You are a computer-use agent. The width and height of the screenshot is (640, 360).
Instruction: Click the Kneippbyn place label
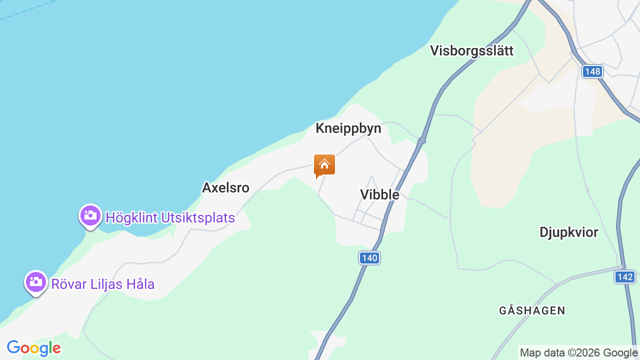pyautogui.click(x=348, y=128)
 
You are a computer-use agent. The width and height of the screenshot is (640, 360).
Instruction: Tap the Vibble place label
pyautogui.click(x=379, y=194)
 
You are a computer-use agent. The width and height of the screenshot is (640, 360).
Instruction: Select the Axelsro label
pyautogui.click(x=225, y=187)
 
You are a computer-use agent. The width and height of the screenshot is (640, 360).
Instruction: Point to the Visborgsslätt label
pyautogui.click(x=472, y=51)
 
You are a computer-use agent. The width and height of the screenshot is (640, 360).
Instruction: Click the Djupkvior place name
pyautogui.click(x=569, y=232)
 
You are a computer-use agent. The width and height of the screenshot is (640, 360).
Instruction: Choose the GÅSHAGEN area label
pyautogui.click(x=532, y=310)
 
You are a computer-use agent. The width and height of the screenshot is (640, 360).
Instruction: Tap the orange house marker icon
pyautogui.click(x=324, y=165)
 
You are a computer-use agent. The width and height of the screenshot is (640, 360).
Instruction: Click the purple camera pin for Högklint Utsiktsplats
pyautogui.click(x=90, y=216)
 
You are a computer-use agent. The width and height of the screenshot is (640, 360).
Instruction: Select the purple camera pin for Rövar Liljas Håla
pyautogui.click(x=36, y=282)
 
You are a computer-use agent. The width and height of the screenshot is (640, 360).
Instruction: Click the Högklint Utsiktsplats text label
pyautogui.click(x=170, y=218)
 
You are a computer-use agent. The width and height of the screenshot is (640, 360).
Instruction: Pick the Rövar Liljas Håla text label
pyautogui.click(x=103, y=284)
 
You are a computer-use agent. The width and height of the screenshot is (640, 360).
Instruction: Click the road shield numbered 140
pyautogui.click(x=369, y=258)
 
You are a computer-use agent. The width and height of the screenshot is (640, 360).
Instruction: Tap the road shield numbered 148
pyautogui.click(x=592, y=71)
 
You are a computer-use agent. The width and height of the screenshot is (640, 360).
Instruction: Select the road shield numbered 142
pyautogui.click(x=625, y=277)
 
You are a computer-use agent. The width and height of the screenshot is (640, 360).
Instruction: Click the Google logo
pyautogui.click(x=34, y=348)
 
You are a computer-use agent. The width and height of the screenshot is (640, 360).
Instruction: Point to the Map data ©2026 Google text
pyautogui.click(x=579, y=353)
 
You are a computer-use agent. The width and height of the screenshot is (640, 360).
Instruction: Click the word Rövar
pyautogui.click(x=69, y=284)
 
